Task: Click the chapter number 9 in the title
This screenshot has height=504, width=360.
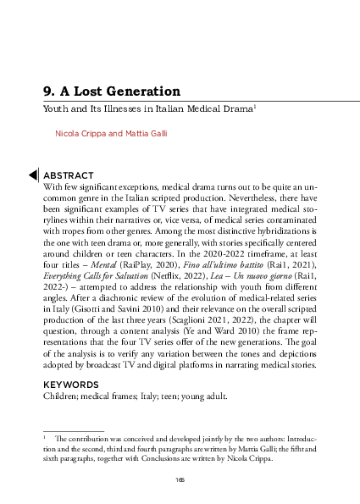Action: (x=47, y=91)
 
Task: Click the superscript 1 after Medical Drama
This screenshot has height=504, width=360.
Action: (x=267, y=107)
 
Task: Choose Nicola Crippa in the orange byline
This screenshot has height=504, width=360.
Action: (x=81, y=134)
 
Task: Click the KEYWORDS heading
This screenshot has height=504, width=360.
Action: (x=70, y=384)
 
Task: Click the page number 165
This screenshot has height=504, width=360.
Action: (x=180, y=480)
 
